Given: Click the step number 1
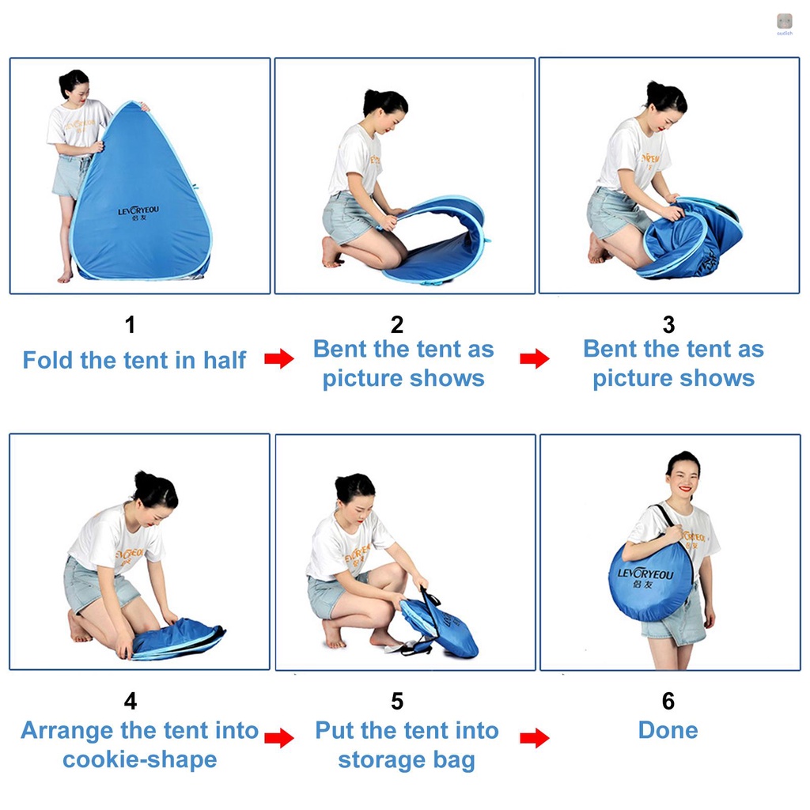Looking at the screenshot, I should click(x=131, y=324).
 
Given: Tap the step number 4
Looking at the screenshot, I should click(x=131, y=701).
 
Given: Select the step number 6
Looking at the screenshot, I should click(x=668, y=701).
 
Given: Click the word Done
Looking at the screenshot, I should click(x=668, y=730).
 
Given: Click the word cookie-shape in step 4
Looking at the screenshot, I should click(x=139, y=760).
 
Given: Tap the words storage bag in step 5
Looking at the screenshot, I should click(x=407, y=760).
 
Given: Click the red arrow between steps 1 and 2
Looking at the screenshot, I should click(x=278, y=360).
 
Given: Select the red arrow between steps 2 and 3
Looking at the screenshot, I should click(x=535, y=359).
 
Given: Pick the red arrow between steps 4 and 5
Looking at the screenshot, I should click(x=278, y=740).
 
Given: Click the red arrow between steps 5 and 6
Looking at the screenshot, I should click(x=535, y=739).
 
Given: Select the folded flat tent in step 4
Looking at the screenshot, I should click(x=178, y=639).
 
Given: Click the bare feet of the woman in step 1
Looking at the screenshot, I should click(x=66, y=276).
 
